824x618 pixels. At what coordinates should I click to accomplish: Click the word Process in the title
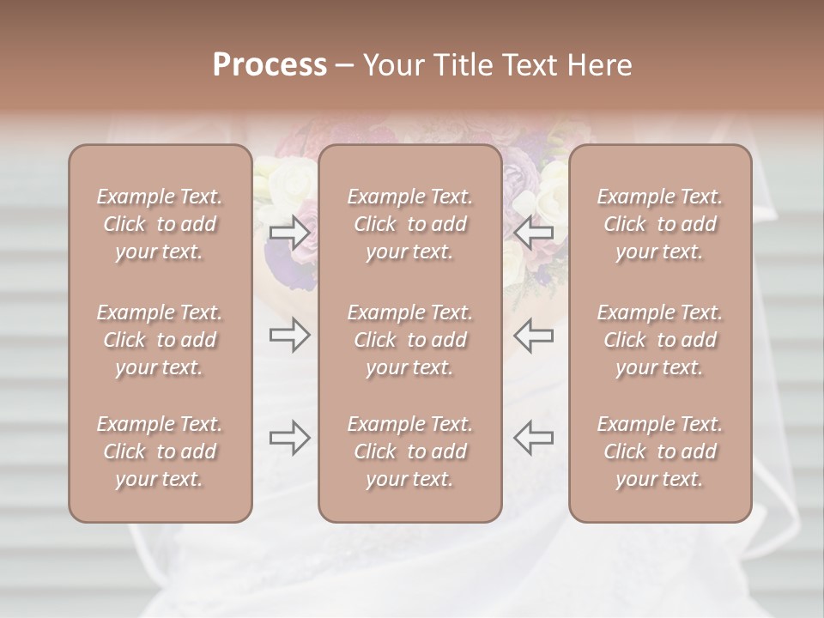coord(270,65)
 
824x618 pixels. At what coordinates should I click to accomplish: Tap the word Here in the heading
coord(599,65)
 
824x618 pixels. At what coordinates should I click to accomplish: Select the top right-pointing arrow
coord(289,232)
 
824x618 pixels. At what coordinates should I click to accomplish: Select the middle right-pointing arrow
coord(289,335)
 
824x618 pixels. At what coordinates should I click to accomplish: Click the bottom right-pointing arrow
coord(289,438)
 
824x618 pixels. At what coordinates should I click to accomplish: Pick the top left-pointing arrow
coord(533,232)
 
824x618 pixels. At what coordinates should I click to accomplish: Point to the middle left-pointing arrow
coord(533,335)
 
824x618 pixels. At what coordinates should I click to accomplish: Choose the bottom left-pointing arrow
coord(533,438)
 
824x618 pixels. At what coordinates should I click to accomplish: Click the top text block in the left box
coord(160,224)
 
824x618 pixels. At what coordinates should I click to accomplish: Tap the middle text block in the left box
coord(160,340)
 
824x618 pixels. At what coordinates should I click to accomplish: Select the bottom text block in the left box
coord(160,451)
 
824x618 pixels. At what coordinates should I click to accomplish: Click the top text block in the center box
coord(409,224)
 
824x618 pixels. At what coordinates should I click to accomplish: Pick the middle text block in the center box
coord(409,340)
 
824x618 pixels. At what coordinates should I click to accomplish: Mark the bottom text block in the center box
coord(409,451)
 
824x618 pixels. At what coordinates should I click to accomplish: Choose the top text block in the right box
coord(659,224)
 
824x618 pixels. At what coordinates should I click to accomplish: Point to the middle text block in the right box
coord(659,340)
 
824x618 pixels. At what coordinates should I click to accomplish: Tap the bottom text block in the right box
coord(659,451)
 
